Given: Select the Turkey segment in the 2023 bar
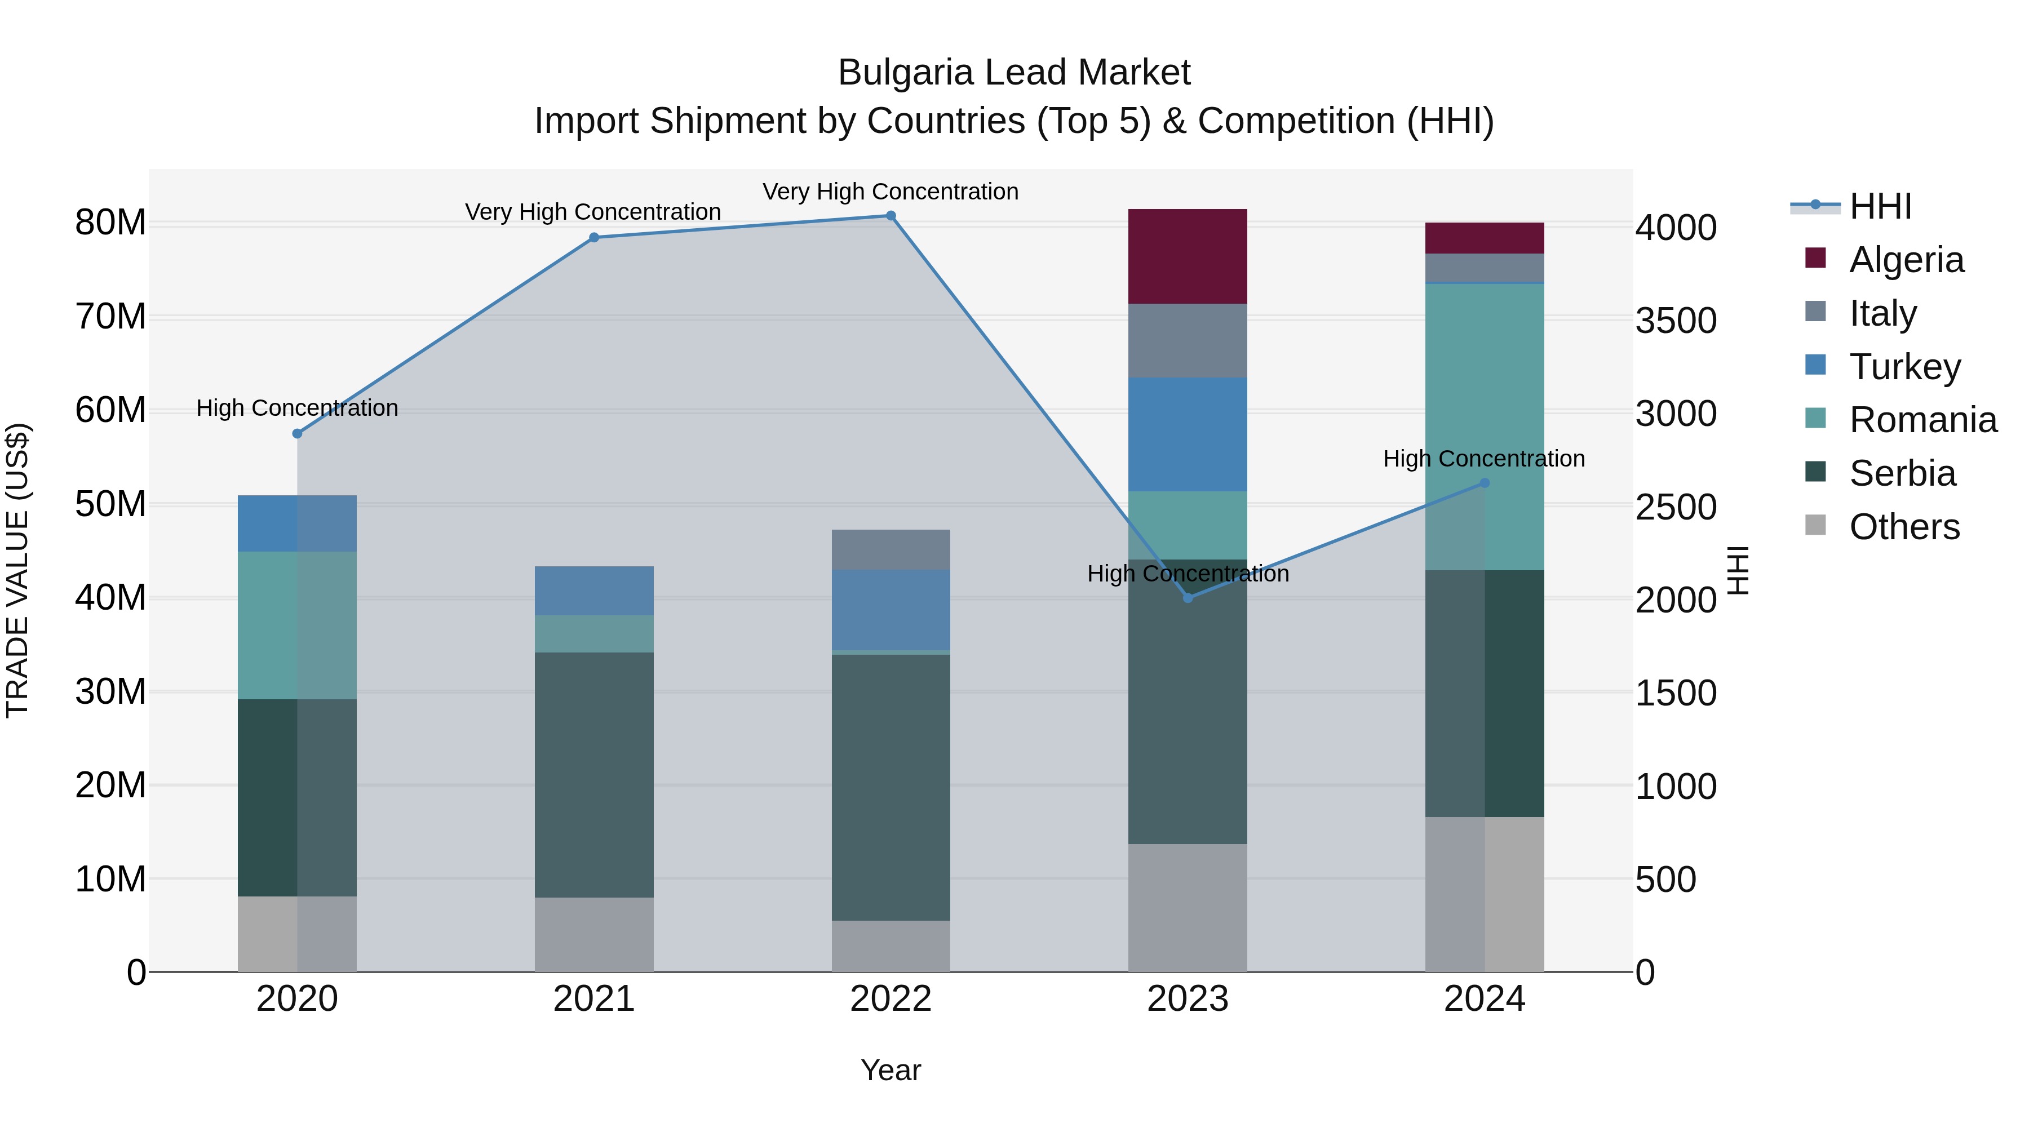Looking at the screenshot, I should coord(1187,434).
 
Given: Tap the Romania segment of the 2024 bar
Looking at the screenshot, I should coord(1484,425).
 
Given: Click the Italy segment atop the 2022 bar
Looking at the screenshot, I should coord(891,549).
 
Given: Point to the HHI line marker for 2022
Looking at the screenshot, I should coord(891,216).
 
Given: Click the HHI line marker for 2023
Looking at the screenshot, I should coord(1188,598).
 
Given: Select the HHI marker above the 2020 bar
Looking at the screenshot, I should coord(297,434).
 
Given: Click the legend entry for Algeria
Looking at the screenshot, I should coord(1906,260).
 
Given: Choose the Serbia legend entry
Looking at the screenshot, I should coord(1902,473).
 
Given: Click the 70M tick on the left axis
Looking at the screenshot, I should coord(110,317).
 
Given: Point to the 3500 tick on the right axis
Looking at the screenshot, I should coord(1676,321).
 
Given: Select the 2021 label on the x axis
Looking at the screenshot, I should coord(594,999).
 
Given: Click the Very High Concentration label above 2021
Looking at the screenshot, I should coord(592,212).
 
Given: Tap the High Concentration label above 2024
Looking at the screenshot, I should coord(1483,458).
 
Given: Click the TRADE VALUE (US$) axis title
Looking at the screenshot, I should coord(17,570).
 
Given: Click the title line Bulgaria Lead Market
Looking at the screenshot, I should coord(1014,73).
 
